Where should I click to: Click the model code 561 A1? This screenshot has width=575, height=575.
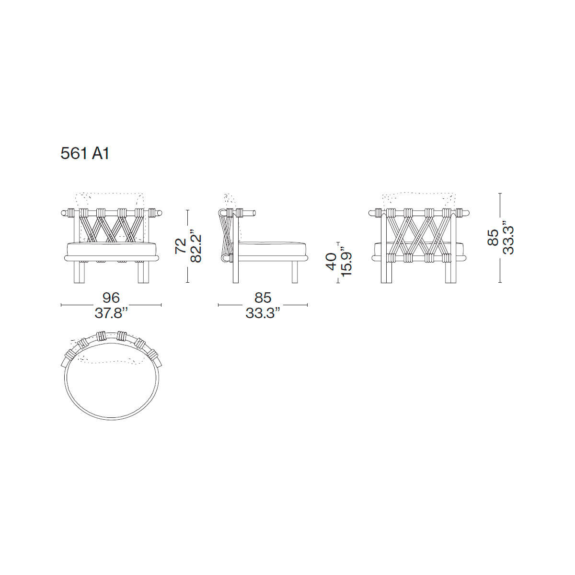(85, 154)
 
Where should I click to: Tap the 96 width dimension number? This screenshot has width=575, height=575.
(111, 298)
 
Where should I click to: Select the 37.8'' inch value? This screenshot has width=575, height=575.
(111, 313)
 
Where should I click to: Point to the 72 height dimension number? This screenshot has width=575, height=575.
(181, 246)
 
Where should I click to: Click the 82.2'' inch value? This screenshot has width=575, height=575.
(196, 246)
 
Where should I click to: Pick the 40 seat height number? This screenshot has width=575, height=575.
(332, 262)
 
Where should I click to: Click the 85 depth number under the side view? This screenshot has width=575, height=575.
(263, 298)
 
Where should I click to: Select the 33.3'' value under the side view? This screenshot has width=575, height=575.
(263, 313)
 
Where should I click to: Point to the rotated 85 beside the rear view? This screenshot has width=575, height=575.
(493, 237)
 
